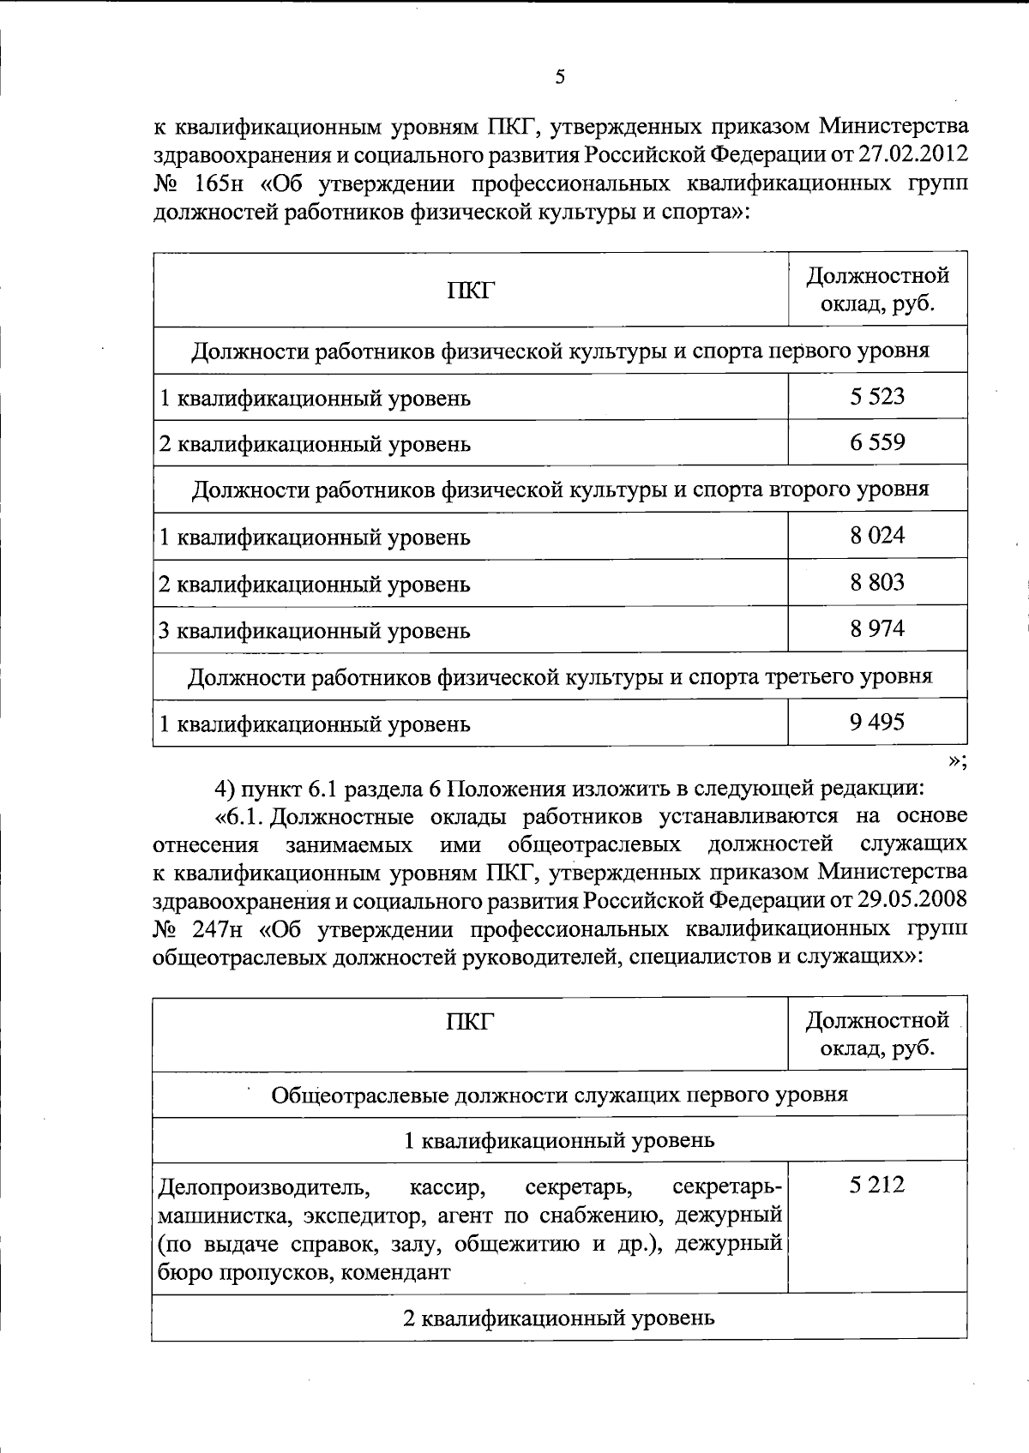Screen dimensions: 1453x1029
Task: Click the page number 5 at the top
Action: (x=560, y=77)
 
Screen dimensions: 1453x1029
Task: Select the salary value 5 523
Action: (x=877, y=396)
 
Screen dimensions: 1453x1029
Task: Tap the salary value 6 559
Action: (x=877, y=442)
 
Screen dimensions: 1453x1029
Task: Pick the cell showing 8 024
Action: (x=877, y=536)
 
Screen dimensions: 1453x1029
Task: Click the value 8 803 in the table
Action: (x=877, y=582)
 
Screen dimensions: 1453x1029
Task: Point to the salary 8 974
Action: (x=877, y=628)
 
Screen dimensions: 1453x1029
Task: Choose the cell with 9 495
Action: (x=877, y=722)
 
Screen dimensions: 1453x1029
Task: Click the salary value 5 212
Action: (x=877, y=1186)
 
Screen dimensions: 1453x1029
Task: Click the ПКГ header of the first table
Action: (x=470, y=291)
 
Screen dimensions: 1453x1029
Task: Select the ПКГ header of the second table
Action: (x=470, y=1021)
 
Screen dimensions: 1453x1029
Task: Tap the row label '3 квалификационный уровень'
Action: (x=315, y=631)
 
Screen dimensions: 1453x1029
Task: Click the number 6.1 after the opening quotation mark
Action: (x=249, y=815)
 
